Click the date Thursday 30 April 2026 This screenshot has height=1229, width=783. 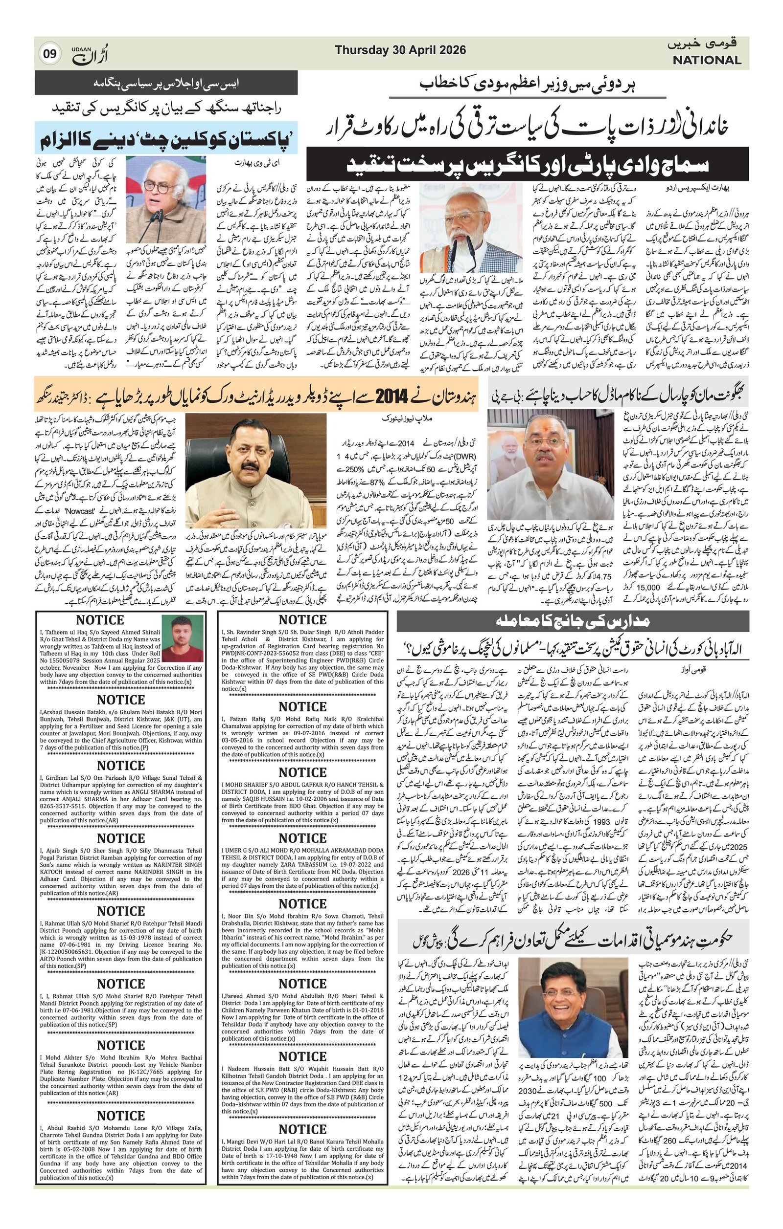pos(400,50)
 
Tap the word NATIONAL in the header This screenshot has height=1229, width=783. pos(706,60)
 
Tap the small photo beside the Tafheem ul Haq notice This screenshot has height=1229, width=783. pos(183,637)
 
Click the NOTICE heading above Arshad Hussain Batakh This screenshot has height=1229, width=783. pos(120,700)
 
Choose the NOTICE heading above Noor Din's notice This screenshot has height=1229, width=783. pos(302,904)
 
